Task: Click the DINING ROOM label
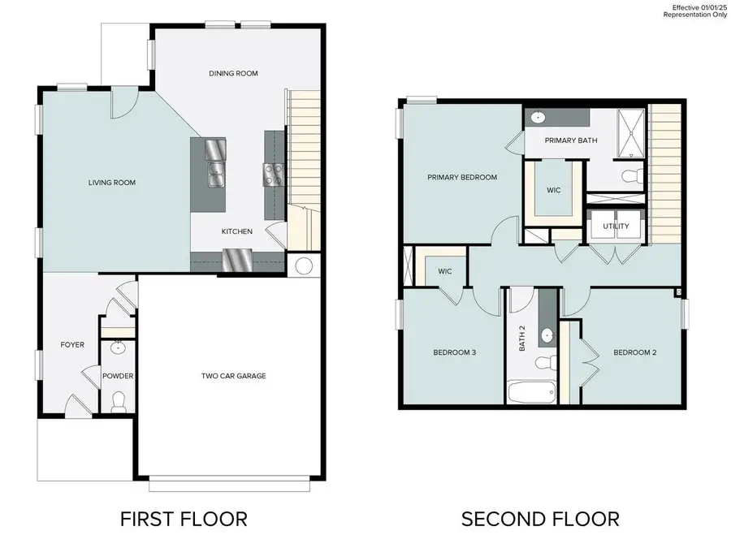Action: click(233, 73)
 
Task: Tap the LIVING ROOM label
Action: click(112, 183)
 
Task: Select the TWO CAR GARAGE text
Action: click(234, 376)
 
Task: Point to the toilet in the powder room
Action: click(119, 400)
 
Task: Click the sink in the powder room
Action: click(118, 349)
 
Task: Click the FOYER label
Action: click(72, 344)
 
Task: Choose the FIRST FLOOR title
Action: click(184, 518)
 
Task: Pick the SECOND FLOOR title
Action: click(540, 518)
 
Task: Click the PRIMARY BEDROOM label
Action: click(462, 177)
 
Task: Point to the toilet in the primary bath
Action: click(630, 175)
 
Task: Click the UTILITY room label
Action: click(616, 227)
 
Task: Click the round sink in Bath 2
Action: click(547, 334)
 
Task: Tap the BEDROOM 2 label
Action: click(634, 352)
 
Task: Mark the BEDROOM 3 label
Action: click(454, 352)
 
